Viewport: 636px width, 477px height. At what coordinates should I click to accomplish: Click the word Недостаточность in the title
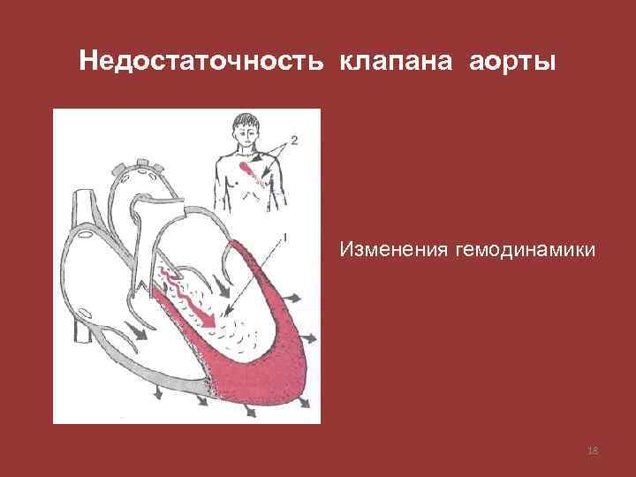[x=201, y=63]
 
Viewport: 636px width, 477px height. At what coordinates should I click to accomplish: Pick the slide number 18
[x=593, y=451]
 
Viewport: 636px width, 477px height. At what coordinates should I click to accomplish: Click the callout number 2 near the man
[x=293, y=140]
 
